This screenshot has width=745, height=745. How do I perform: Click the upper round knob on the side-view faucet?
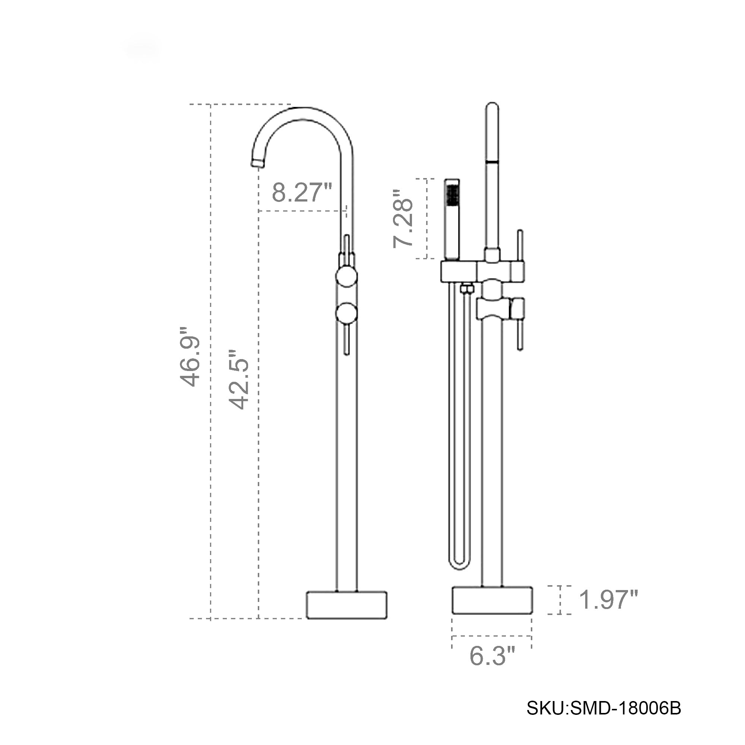tap(347, 276)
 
